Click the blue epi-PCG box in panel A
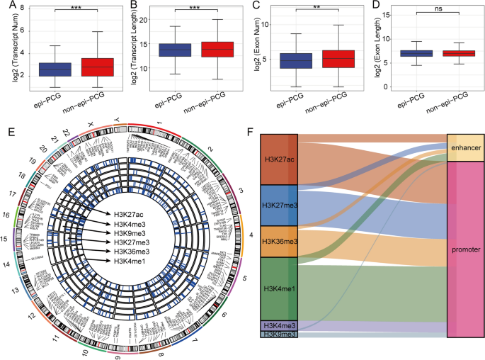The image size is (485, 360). [x=45, y=69]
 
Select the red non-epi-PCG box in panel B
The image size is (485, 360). [x=218, y=49]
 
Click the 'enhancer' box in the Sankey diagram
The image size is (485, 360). [x=464, y=147]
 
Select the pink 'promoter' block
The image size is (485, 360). [x=464, y=249]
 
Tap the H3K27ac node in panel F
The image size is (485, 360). [x=278, y=158]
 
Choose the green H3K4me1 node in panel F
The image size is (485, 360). [x=278, y=288]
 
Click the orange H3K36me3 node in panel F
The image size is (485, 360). [x=278, y=241]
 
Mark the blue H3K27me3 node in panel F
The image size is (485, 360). [x=278, y=204]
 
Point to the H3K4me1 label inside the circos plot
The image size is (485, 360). [x=127, y=261]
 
